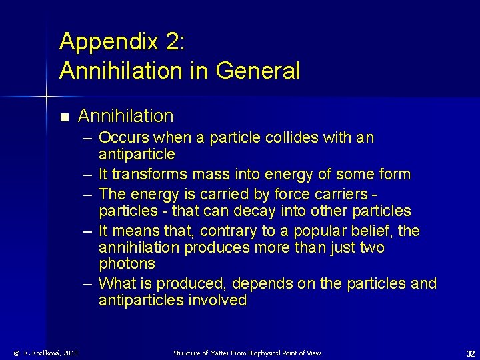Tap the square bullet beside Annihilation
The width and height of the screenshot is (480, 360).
pos(64,118)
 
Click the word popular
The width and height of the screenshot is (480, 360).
pos(310,231)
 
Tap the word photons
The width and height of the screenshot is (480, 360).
pos(127,265)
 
